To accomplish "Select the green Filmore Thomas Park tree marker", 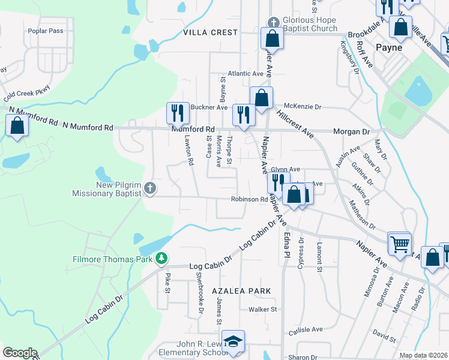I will point(161,258).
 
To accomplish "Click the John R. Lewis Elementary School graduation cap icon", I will point(233,341).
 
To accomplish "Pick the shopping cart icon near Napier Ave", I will point(399,244).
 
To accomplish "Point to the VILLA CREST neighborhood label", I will point(211,32).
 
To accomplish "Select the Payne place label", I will point(388,47).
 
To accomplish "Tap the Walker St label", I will point(264,310).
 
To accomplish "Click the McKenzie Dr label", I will point(303,106).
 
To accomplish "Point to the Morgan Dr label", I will point(352,131).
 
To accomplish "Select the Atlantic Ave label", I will point(250,74).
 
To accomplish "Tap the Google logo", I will point(20,353).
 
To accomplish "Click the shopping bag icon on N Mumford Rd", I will point(17,126).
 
